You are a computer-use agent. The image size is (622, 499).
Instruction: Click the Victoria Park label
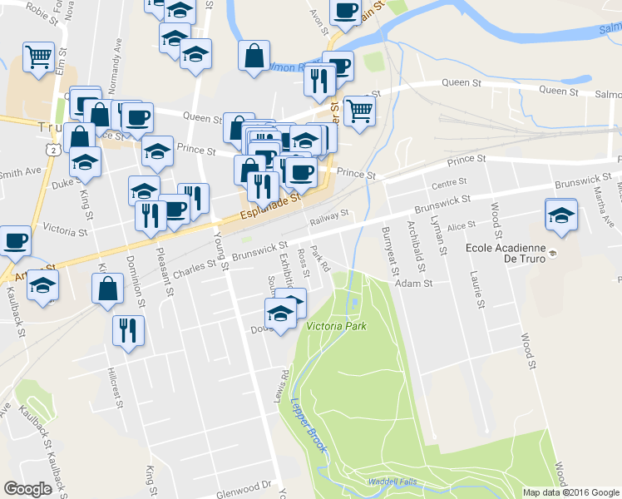tap(337, 325)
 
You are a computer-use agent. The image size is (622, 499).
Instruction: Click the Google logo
tap(27, 488)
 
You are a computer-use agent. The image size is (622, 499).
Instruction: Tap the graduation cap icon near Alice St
tap(562, 215)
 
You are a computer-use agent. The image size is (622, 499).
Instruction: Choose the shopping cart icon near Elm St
tap(38, 57)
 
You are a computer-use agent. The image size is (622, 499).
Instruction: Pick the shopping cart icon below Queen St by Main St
tap(358, 109)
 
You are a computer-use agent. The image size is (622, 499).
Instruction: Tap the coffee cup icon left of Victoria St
tap(15, 241)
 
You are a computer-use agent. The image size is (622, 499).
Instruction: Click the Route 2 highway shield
tap(53, 148)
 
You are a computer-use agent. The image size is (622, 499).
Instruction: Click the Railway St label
tap(328, 219)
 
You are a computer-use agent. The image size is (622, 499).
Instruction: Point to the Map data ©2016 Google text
tap(570, 492)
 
